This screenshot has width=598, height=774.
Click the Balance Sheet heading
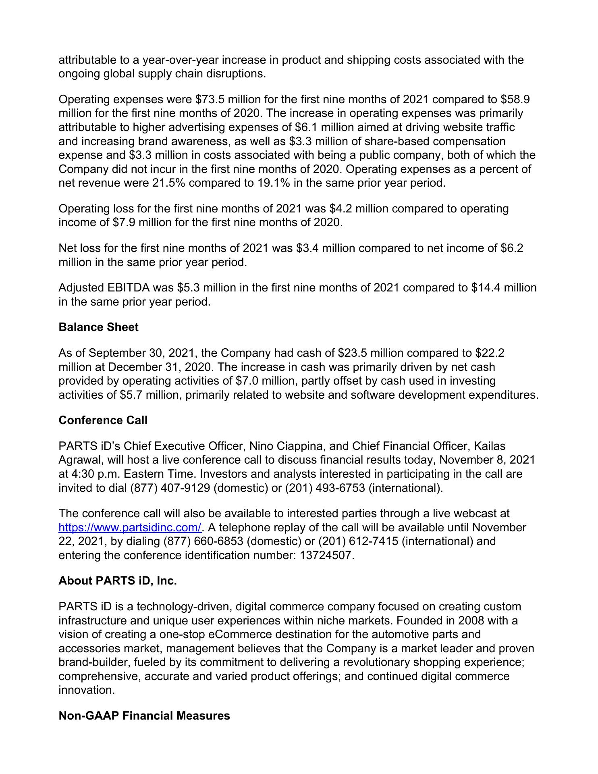point(98,327)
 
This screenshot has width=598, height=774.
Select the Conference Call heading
point(103,420)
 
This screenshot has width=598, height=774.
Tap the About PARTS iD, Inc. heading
point(118,581)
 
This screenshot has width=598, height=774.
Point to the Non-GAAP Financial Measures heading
point(144,716)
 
